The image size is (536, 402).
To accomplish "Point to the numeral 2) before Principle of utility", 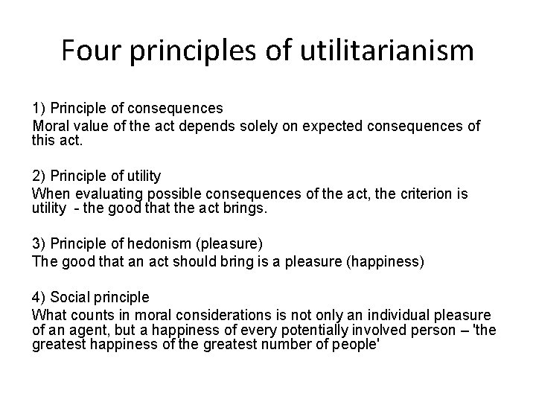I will [x=39, y=176].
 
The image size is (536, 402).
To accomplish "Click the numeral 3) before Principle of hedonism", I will [x=39, y=245].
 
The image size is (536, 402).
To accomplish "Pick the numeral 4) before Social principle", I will [x=39, y=298].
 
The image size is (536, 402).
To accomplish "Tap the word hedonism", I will [x=168, y=245].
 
